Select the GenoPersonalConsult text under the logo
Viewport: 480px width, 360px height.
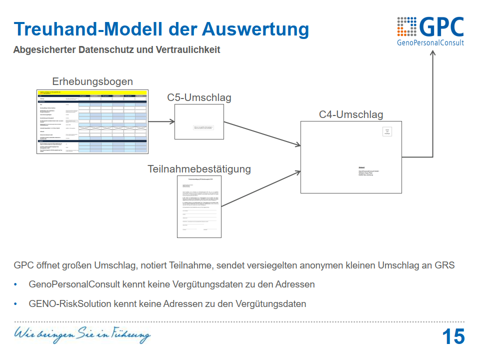[430, 43]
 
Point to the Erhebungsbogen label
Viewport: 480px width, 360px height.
[92, 81]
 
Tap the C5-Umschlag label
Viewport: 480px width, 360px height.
[199, 97]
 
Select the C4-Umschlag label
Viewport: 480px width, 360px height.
[351, 114]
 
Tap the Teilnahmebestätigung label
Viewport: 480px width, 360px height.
[199, 169]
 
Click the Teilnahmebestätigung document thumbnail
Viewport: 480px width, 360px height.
[199, 206]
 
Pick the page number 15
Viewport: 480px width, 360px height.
[453, 336]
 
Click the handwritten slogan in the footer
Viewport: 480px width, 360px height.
[82, 333]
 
